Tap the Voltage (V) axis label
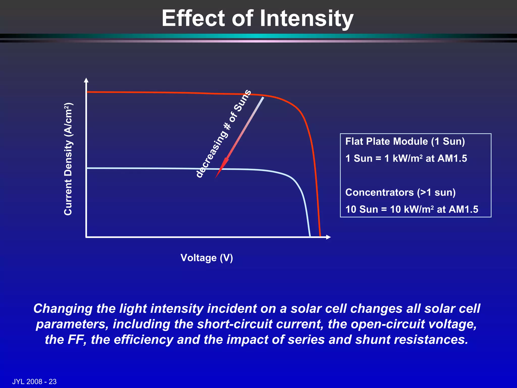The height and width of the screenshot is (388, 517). click(x=207, y=258)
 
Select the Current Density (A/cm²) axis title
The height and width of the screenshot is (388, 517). click(x=68, y=159)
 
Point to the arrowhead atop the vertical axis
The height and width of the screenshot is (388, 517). click(x=86, y=80)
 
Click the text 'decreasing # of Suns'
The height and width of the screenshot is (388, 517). click(x=223, y=134)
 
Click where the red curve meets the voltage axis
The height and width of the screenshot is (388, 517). click(x=320, y=236)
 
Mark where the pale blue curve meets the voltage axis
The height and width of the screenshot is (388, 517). click(x=310, y=236)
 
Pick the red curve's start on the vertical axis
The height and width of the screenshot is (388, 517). click(x=88, y=92)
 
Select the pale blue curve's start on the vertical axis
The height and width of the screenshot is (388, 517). click(x=88, y=168)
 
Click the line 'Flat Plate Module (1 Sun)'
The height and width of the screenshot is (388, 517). click(x=405, y=141)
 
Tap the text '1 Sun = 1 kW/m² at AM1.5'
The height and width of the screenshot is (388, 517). click(x=406, y=159)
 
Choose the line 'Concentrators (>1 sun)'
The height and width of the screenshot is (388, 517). click(x=400, y=192)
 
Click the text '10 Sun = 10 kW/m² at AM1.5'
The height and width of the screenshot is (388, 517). click(x=411, y=209)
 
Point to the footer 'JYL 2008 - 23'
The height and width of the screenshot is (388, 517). click(x=34, y=381)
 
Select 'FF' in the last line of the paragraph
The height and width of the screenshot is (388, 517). click(x=76, y=340)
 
